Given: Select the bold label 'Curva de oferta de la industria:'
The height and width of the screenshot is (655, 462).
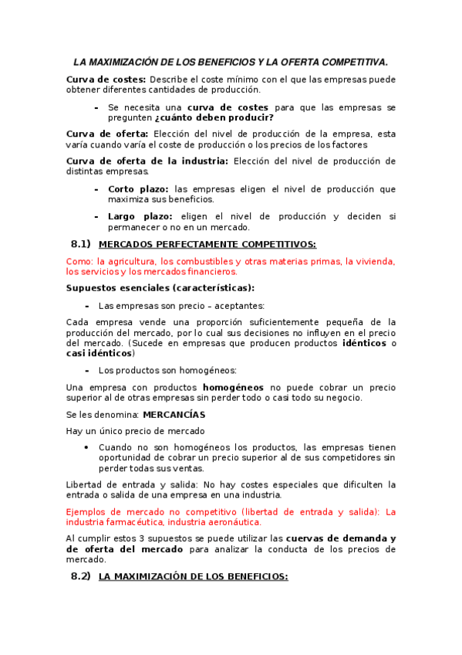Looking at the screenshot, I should pyautogui.click(x=147, y=161).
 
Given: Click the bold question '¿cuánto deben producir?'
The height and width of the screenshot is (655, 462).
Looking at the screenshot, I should pyautogui.click(x=214, y=118).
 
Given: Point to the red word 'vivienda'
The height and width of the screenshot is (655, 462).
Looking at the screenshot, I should pyautogui.click(x=371, y=261).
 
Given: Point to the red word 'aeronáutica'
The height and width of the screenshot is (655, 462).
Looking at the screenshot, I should pyautogui.click(x=231, y=522).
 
